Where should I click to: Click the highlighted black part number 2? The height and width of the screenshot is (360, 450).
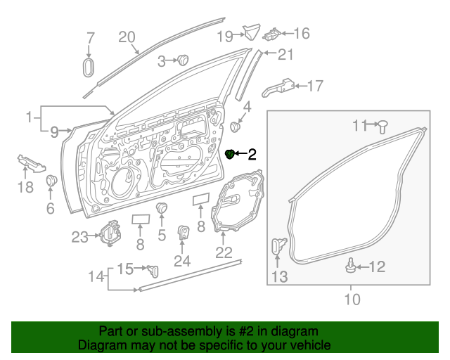(229, 154)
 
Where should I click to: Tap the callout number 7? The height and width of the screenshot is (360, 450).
(90, 38)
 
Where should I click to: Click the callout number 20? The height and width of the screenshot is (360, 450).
(127, 37)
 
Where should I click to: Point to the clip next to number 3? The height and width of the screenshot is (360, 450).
(184, 60)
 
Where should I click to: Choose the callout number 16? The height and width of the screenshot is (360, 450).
(301, 33)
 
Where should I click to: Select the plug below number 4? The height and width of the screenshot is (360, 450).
(236, 127)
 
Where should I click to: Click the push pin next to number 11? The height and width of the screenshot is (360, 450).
(383, 127)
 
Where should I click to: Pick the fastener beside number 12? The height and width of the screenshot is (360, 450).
(349, 266)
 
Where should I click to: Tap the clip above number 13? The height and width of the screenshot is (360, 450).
(278, 247)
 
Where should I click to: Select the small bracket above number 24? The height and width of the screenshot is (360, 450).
(183, 233)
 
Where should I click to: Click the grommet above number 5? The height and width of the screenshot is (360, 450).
(162, 208)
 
